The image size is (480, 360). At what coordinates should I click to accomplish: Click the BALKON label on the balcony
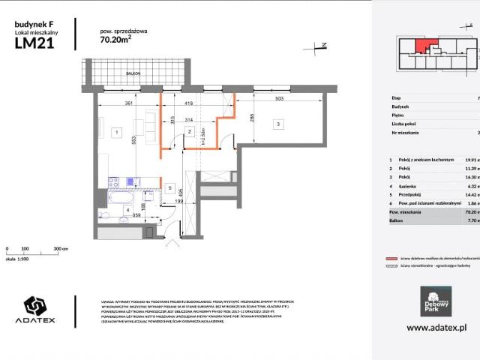(133, 73)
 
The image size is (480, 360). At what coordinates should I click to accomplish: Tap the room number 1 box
(116, 133)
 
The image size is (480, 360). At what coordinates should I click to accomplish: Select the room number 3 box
(277, 124)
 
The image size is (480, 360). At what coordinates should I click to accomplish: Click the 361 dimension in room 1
(128, 103)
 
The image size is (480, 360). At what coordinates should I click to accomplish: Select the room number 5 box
(170, 188)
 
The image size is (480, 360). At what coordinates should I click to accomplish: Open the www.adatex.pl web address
(436, 328)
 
